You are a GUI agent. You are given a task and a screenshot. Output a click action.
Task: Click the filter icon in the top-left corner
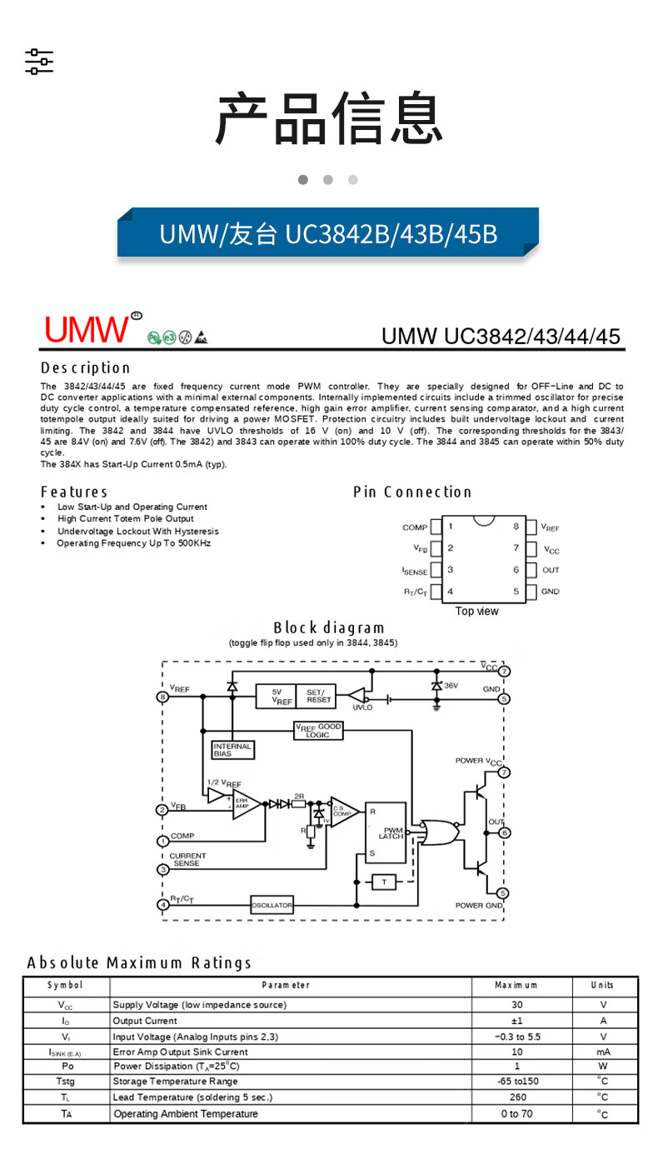[38, 62]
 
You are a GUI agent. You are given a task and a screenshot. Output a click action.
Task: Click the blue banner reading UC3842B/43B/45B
[328, 233]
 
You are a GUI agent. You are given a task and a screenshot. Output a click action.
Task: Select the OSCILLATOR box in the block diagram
[272, 905]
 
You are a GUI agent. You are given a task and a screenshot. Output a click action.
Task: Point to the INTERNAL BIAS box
[232, 750]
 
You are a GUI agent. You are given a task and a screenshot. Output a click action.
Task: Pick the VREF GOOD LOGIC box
[318, 731]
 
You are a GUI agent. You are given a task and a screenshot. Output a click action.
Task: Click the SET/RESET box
[318, 697]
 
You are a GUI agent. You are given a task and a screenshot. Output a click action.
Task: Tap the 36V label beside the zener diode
[451, 685]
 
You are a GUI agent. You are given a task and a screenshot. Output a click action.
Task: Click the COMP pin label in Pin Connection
[414, 527]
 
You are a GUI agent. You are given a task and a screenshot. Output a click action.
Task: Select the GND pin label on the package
[550, 592]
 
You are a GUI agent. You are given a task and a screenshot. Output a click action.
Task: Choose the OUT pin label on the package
[551, 570]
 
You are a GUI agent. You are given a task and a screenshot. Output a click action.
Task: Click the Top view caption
[476, 612]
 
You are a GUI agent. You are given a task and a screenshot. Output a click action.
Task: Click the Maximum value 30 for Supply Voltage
[516, 1005]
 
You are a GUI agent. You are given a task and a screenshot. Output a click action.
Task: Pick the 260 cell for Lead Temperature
[516, 1097]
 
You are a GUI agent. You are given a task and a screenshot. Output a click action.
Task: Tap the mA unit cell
[603, 1052]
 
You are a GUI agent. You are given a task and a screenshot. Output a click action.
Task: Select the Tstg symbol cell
[67, 1082]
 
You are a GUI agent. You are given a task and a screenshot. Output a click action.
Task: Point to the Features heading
[74, 492]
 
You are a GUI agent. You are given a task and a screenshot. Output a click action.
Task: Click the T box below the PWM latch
[384, 882]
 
